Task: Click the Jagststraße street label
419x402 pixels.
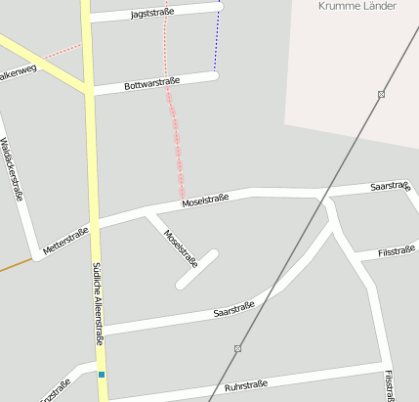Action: (151, 13)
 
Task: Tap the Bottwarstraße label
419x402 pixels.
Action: (152, 85)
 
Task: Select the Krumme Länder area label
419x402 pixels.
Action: (357, 6)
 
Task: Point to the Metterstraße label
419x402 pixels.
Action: (66, 242)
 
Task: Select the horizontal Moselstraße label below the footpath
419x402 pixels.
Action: (205, 201)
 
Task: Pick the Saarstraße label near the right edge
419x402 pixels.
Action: (390, 186)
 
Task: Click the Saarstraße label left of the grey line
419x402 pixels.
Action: (233, 310)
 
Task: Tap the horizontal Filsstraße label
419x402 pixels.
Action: (398, 252)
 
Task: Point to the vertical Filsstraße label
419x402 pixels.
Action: (391, 385)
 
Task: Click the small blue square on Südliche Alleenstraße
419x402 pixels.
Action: (102, 374)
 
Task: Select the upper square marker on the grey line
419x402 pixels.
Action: (381, 94)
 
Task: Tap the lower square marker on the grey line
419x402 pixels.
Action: (237, 348)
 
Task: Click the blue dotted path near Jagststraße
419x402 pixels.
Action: (217, 39)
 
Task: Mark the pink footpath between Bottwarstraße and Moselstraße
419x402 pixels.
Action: (177, 137)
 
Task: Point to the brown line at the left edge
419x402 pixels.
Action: (15, 264)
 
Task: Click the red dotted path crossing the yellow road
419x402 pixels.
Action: (63, 50)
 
